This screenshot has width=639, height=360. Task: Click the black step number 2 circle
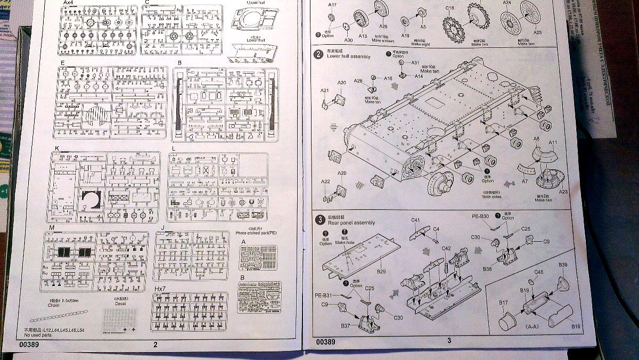click(x=318, y=54)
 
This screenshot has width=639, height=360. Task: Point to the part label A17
click(x=332, y=5)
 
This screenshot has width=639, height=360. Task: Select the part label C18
click(x=449, y=8)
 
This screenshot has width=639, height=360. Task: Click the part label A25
click(x=537, y=32)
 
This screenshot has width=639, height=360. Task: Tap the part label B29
click(x=381, y=272)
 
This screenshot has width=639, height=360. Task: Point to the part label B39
click(x=563, y=265)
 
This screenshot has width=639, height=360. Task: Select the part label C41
click(x=416, y=220)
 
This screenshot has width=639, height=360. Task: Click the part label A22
click(x=325, y=182)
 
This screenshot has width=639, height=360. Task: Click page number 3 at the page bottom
click(x=449, y=341)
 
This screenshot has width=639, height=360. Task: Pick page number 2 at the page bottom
click(x=155, y=345)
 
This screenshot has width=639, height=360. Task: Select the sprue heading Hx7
click(x=160, y=288)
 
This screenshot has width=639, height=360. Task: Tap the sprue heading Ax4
click(x=68, y=3)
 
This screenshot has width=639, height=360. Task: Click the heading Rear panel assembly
click(x=352, y=223)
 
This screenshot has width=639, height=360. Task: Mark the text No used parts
click(x=38, y=335)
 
